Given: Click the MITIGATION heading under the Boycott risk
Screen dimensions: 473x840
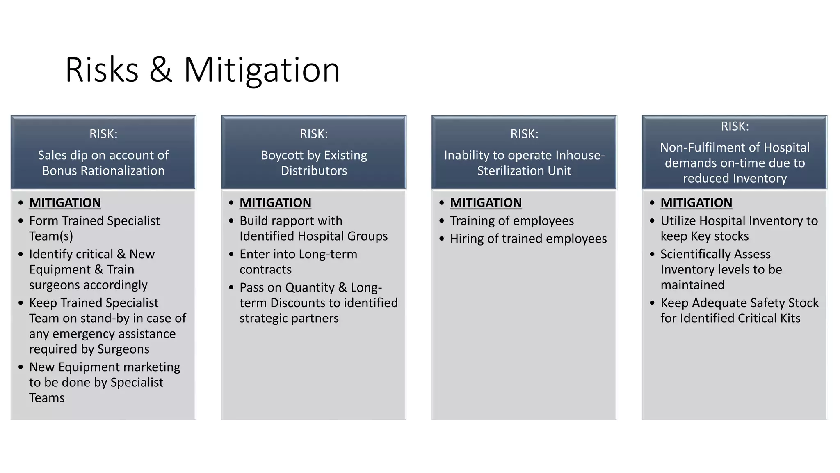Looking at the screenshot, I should pyautogui.click(x=275, y=203).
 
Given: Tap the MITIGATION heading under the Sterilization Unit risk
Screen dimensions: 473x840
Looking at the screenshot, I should pyautogui.click(x=486, y=203).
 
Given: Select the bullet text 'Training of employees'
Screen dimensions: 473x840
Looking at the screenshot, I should pyautogui.click(x=511, y=221).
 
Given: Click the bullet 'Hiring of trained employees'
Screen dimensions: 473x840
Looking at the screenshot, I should pyautogui.click(x=528, y=239).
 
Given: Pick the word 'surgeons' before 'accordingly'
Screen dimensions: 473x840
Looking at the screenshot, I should pyautogui.click(x=53, y=285).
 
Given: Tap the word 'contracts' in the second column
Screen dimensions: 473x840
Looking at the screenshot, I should pyautogui.click(x=265, y=270).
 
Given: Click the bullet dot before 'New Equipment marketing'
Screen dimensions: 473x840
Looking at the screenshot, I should pyautogui.click(x=21, y=367).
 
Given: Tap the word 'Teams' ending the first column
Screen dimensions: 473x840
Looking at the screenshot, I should pyautogui.click(x=47, y=398).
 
